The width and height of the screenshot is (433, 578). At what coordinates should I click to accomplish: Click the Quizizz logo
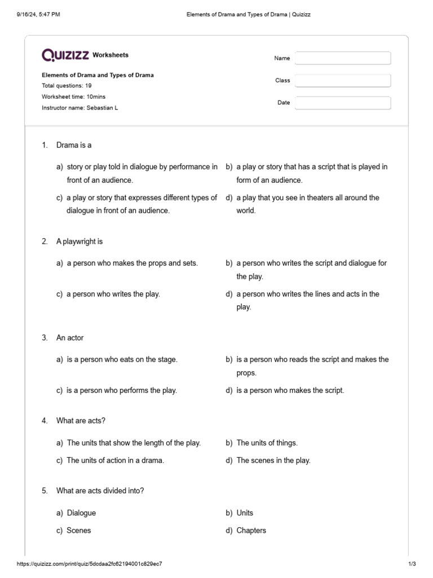tap(65, 55)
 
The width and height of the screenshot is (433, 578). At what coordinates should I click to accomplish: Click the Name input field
tap(342, 58)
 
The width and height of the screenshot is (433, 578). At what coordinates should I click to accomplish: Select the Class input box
tap(342, 81)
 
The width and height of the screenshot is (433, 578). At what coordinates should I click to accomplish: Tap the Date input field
tap(342, 103)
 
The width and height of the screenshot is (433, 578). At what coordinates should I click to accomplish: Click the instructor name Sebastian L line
tap(80, 107)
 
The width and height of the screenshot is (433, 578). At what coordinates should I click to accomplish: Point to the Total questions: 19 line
tap(67, 86)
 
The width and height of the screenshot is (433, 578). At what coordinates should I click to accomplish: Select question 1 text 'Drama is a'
tap(74, 145)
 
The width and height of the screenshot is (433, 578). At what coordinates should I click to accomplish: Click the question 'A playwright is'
tap(79, 242)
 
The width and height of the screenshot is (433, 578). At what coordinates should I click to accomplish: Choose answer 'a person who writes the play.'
tap(113, 294)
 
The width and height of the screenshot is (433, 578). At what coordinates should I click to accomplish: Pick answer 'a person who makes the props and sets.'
tap(132, 263)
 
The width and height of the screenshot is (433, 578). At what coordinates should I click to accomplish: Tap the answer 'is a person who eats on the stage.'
tap(122, 360)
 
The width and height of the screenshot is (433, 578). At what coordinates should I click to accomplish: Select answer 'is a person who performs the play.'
tap(121, 391)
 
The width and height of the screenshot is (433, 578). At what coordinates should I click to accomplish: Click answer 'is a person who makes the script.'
tap(290, 391)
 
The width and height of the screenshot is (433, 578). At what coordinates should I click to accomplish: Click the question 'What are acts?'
tap(81, 421)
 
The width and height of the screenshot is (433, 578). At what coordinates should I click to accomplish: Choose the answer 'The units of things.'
tap(267, 443)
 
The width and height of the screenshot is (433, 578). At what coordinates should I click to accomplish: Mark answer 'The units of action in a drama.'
tap(115, 461)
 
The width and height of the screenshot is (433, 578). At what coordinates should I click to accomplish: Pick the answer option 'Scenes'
tap(78, 531)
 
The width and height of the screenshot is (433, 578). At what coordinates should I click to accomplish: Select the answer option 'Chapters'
tap(251, 531)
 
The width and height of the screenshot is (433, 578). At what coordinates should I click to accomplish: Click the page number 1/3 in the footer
tap(412, 564)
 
